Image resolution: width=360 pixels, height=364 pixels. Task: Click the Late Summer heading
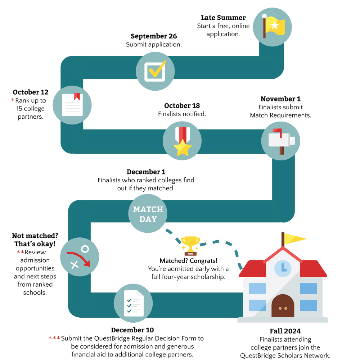click(x=223, y=18)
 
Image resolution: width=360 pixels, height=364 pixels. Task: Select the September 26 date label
click(x=154, y=36)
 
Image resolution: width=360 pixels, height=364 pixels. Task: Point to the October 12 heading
click(x=31, y=92)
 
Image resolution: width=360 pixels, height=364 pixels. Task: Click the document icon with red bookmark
click(x=72, y=105)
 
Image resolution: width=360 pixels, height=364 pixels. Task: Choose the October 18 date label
click(x=182, y=106)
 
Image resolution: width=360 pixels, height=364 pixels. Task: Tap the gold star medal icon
click(x=182, y=141)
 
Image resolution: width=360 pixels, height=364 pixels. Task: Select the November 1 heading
click(x=280, y=99)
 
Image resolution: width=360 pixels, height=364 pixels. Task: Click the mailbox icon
click(x=281, y=141)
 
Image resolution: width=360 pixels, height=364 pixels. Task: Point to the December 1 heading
click(x=146, y=172)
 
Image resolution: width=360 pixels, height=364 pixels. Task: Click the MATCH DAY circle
click(x=148, y=214)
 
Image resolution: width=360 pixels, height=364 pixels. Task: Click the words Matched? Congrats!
click(x=189, y=261)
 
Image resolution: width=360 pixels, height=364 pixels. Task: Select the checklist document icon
click(x=134, y=304)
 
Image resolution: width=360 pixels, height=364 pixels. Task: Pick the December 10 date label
click(x=132, y=330)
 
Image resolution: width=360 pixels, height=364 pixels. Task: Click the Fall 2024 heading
click(x=285, y=331)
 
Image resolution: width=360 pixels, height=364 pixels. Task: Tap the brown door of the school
click(x=283, y=306)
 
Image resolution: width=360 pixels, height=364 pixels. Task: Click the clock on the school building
click(x=283, y=268)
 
